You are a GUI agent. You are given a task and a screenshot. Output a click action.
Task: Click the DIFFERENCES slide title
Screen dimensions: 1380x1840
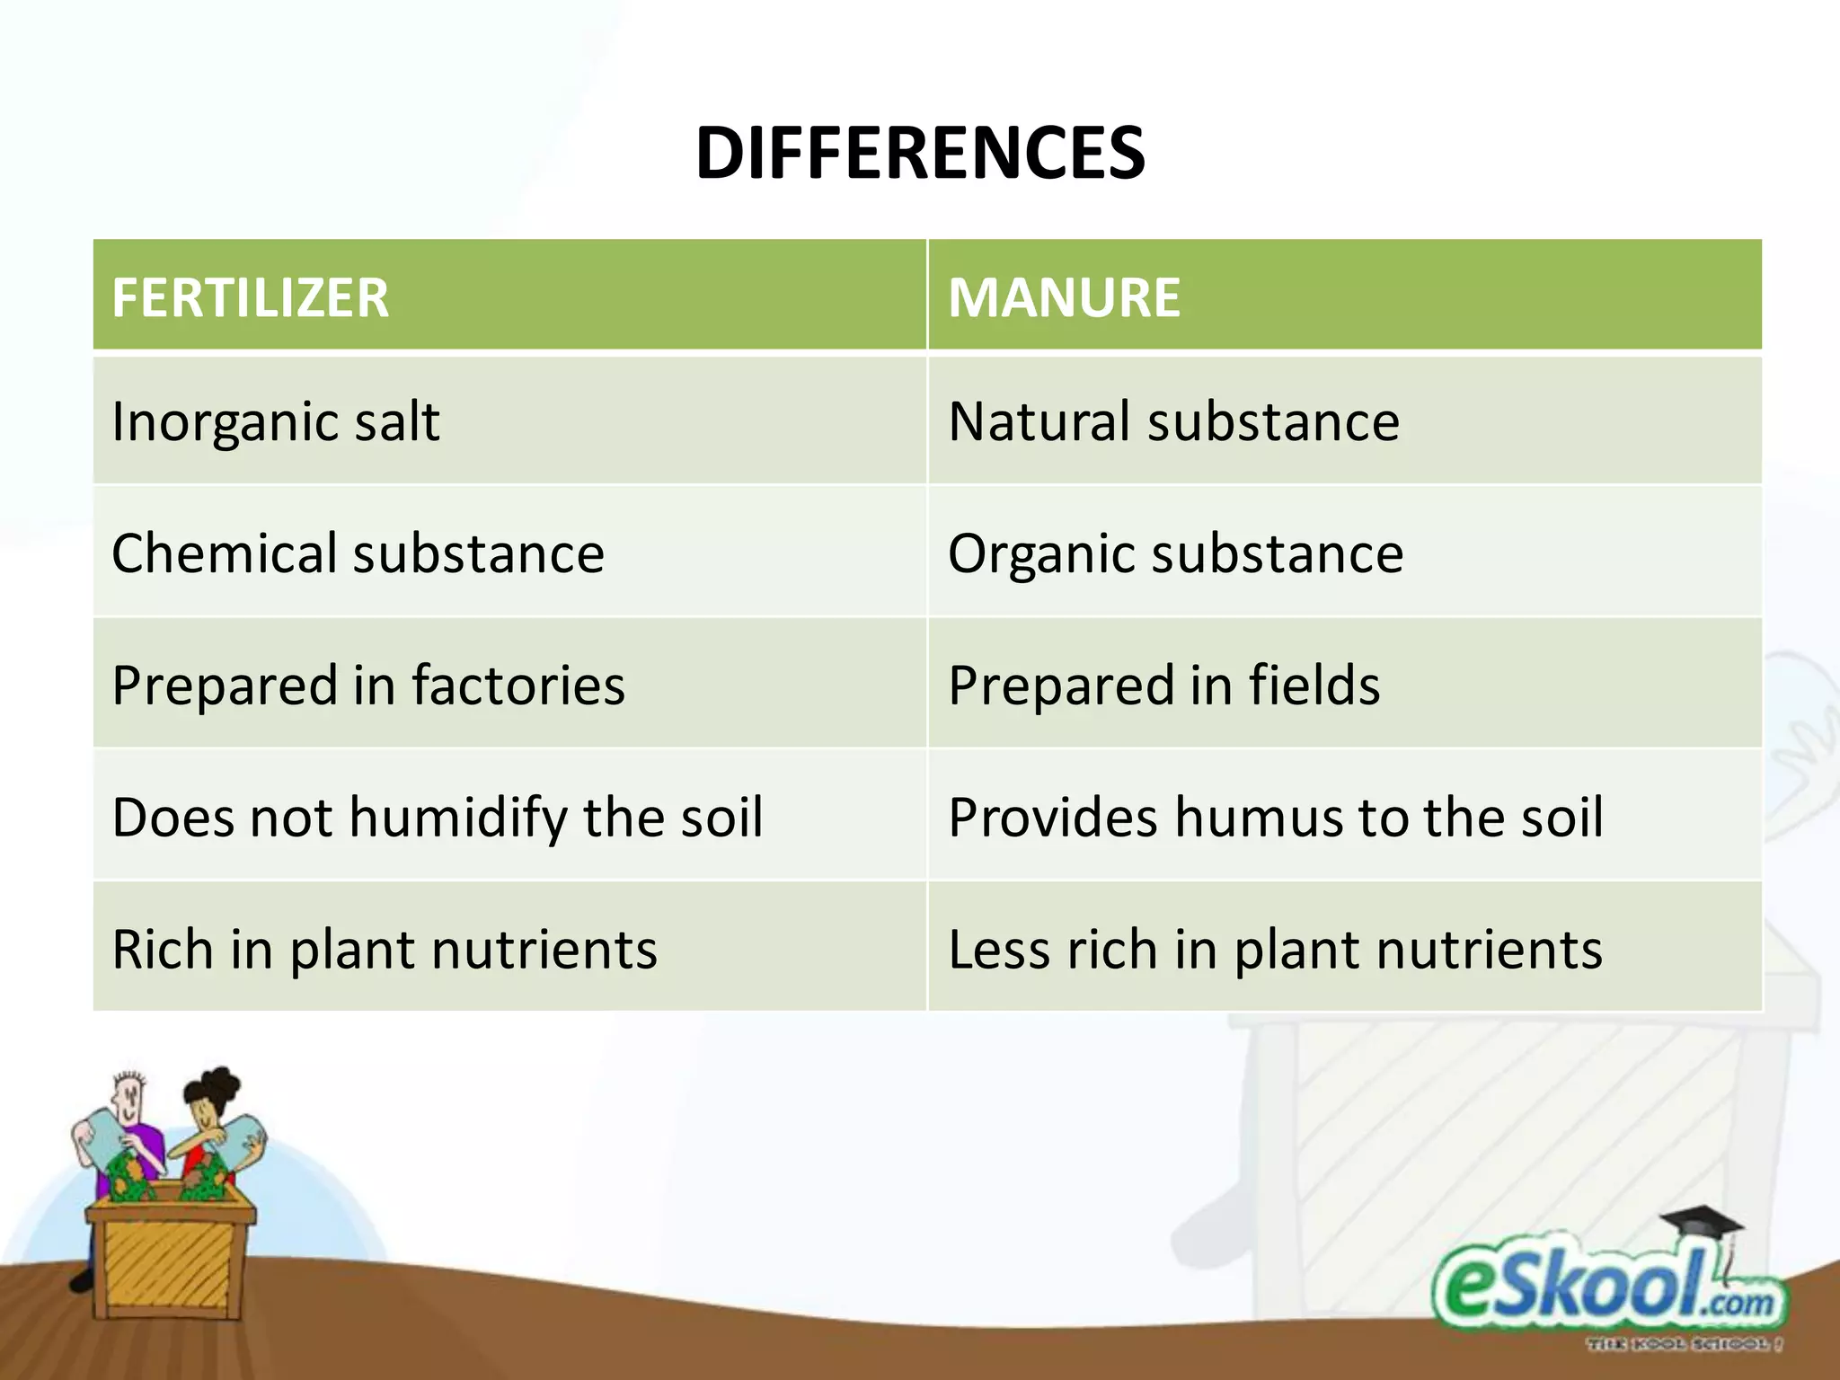(920, 153)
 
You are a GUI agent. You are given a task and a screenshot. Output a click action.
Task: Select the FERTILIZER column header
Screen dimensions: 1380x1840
(251, 297)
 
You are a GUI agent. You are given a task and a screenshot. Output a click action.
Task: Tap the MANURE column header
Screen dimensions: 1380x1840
(1064, 297)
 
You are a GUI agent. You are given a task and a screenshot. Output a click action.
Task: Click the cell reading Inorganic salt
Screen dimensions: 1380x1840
(276, 421)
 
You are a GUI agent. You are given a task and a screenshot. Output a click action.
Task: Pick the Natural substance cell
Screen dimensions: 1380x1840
(1173, 421)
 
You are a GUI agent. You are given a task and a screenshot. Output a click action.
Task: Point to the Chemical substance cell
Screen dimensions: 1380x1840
(358, 553)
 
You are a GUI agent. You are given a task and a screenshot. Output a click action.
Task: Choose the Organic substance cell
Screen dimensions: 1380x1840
(1175, 553)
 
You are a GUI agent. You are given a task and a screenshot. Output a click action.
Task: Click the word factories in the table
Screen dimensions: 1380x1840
(518, 685)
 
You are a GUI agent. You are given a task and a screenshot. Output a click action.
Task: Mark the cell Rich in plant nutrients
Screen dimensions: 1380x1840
(385, 950)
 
